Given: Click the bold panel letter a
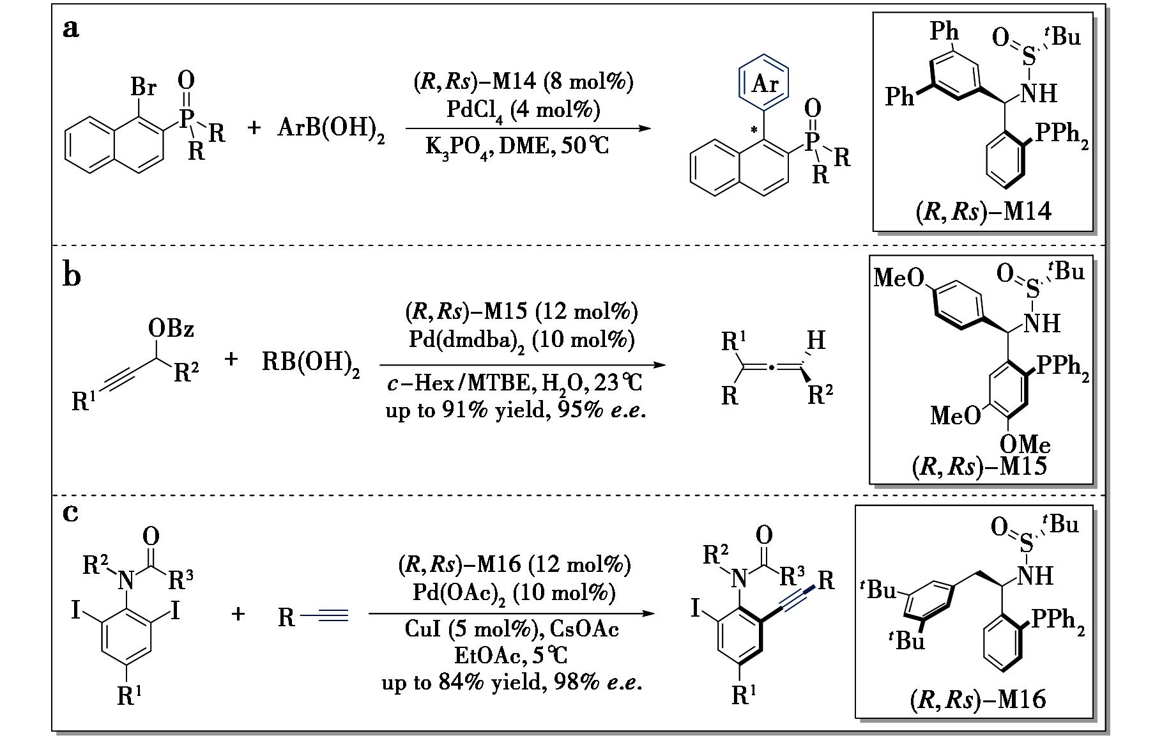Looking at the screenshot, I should click(72, 29).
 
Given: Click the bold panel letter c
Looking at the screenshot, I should click(71, 512).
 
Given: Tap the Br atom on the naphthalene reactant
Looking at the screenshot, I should click(144, 86).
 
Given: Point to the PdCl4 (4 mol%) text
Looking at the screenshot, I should click(523, 111).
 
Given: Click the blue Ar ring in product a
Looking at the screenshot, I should click(764, 83).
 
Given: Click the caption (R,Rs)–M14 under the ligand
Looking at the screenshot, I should click(982, 212).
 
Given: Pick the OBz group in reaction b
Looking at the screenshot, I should click(171, 329).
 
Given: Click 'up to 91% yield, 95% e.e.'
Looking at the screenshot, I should click(515, 409).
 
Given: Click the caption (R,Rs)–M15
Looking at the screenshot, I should click(980, 467).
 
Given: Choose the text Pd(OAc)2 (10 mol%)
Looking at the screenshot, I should click(513, 592).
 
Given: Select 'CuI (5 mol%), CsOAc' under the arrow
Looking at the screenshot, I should click(512, 629).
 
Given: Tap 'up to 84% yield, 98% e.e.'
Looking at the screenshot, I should click(512, 682).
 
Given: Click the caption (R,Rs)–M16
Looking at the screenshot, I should click(978, 700).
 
